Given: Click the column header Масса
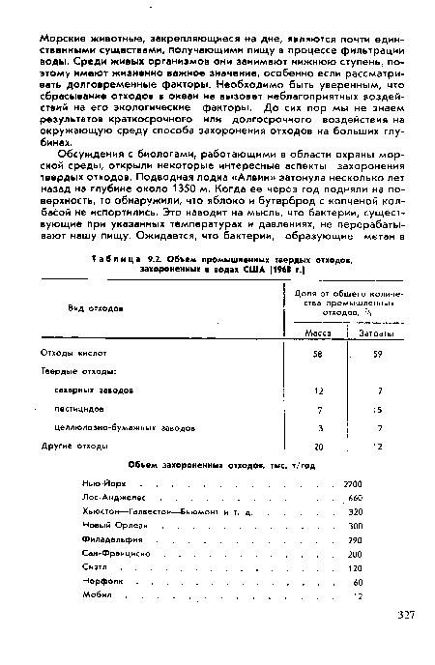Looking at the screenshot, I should [318, 332].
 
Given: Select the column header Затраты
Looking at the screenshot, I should [375, 332].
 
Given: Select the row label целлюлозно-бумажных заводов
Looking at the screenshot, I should [127, 426].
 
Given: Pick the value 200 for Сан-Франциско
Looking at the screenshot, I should [354, 555].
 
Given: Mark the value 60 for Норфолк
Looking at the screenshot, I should [357, 584].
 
